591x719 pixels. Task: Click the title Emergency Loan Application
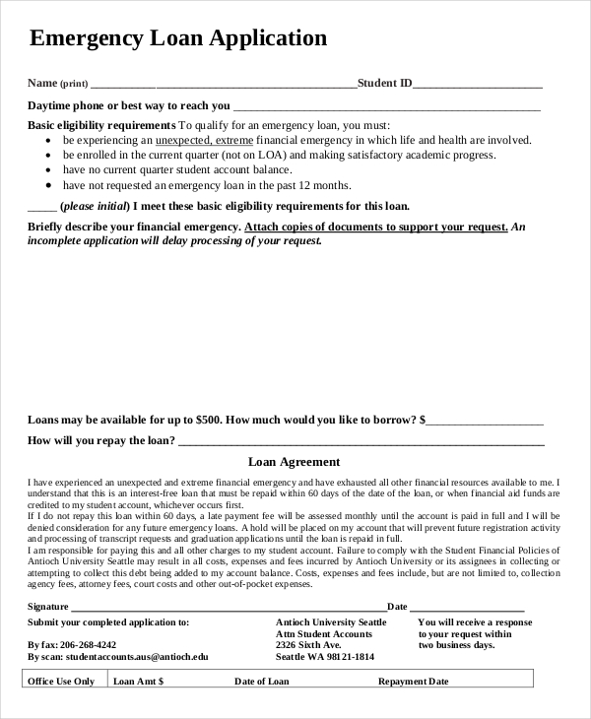pyautogui.click(x=178, y=38)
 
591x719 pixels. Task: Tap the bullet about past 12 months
pyautogui.click(x=207, y=185)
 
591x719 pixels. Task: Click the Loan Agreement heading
pyautogui.click(x=294, y=461)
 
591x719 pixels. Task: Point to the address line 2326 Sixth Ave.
pyautogui.click(x=308, y=645)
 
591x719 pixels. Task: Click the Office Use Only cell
pyautogui.click(x=61, y=681)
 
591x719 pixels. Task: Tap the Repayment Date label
pyautogui.click(x=414, y=681)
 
